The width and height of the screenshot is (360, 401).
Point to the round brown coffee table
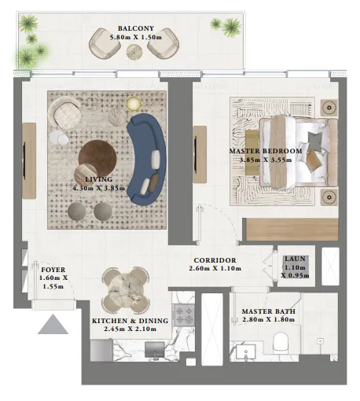coord(97,153)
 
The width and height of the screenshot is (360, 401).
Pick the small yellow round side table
coord(132,101)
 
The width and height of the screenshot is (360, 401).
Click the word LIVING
coord(87,178)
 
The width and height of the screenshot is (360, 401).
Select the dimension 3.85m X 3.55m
coord(265,160)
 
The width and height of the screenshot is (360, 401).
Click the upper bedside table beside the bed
coord(329,105)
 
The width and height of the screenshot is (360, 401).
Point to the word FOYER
coord(53,270)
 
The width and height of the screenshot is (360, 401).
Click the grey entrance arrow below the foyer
coord(51,323)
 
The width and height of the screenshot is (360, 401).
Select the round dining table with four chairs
coord(127,288)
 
